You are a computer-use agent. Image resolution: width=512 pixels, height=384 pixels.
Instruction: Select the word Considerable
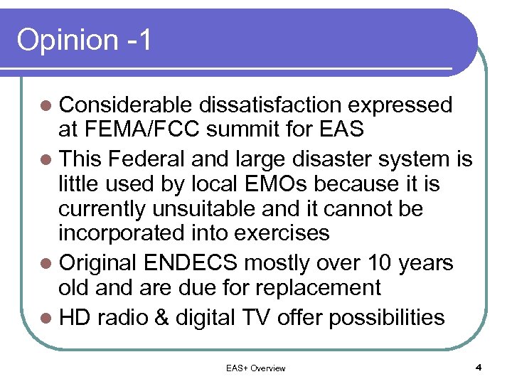pos(126,105)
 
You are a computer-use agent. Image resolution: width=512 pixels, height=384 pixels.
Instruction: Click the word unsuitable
pos(206,210)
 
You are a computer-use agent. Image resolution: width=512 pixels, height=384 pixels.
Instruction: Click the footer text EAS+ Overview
pos(255,368)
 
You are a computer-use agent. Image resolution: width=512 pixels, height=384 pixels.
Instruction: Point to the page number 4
pos(479,368)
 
